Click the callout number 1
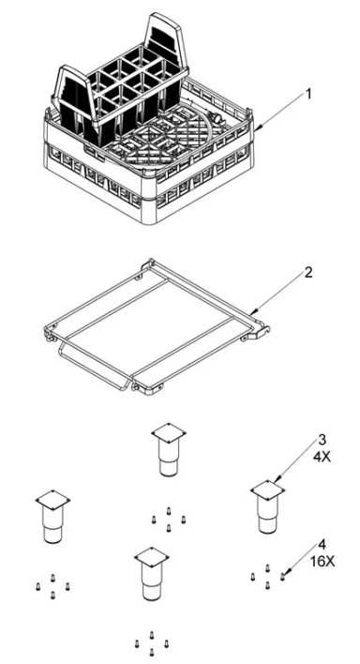(x=308, y=94)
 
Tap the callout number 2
(x=308, y=272)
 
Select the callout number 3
(x=322, y=440)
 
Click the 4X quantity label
(x=322, y=458)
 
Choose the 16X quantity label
(x=322, y=562)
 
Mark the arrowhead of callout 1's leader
(x=257, y=127)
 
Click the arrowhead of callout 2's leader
(x=252, y=312)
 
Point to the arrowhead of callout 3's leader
(x=275, y=481)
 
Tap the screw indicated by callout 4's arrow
(x=282, y=576)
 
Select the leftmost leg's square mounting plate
(x=52, y=500)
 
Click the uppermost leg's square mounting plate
(x=169, y=432)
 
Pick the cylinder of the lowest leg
(x=151, y=583)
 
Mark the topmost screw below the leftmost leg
(x=52, y=578)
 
